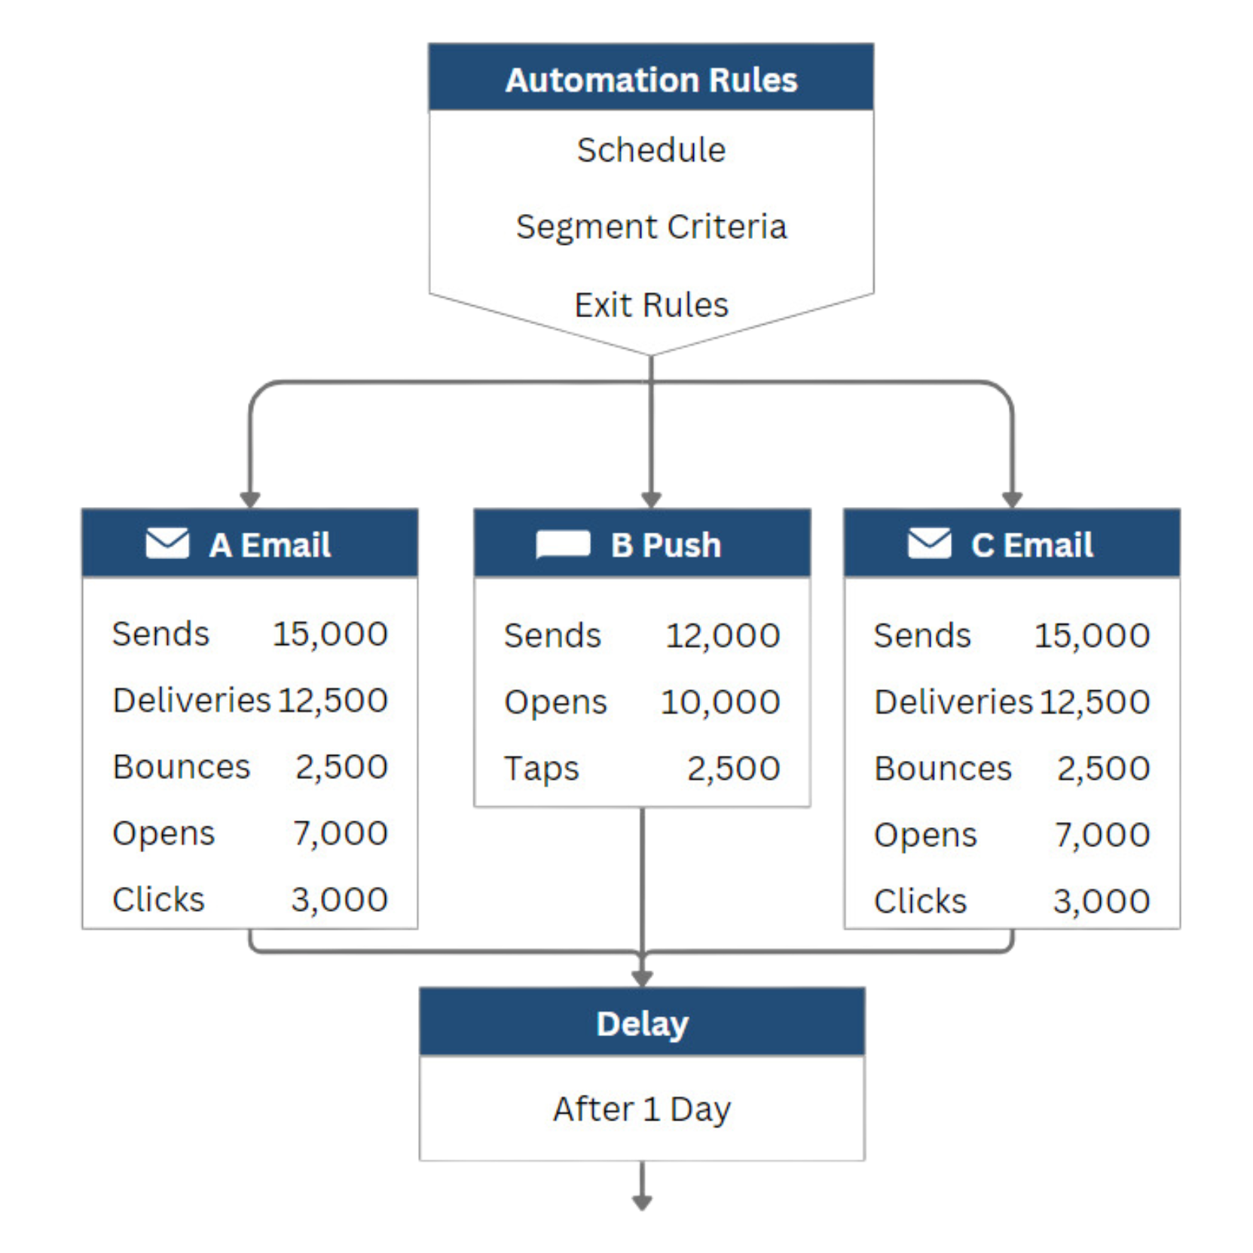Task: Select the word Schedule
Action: click(x=651, y=150)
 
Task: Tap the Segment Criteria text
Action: click(x=651, y=227)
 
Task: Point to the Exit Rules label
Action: click(x=651, y=305)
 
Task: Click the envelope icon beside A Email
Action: click(x=167, y=543)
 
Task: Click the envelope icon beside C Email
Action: click(x=930, y=543)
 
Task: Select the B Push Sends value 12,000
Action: click(x=723, y=635)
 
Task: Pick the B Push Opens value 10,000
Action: click(x=720, y=702)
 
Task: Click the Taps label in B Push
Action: click(x=541, y=769)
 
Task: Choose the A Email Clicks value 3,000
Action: click(x=339, y=900)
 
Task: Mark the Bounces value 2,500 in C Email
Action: click(x=1103, y=769)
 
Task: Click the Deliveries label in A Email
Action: click(x=191, y=700)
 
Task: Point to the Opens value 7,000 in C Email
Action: click(x=1102, y=835)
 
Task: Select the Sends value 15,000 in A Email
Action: click(x=330, y=634)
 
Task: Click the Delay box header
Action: click(x=642, y=1022)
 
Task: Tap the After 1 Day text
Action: click(x=642, y=1109)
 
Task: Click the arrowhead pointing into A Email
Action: click(x=250, y=500)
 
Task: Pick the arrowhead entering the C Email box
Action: click(x=1012, y=500)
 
